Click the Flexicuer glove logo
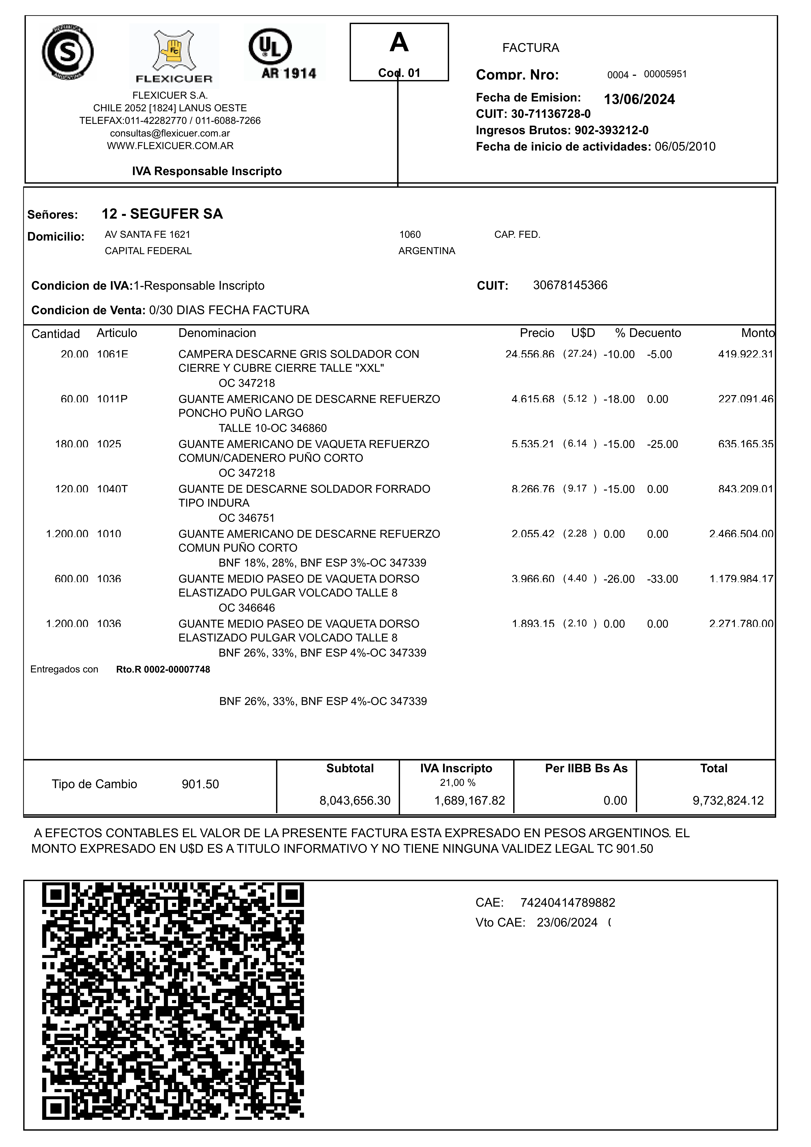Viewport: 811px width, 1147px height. (x=174, y=55)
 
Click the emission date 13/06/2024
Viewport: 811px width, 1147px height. (x=639, y=99)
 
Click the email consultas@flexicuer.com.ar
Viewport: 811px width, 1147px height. (x=170, y=133)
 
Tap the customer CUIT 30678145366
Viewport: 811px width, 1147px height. (x=570, y=285)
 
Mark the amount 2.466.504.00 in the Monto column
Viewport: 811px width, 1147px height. (x=741, y=534)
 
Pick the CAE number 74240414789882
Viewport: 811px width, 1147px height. (x=567, y=903)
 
